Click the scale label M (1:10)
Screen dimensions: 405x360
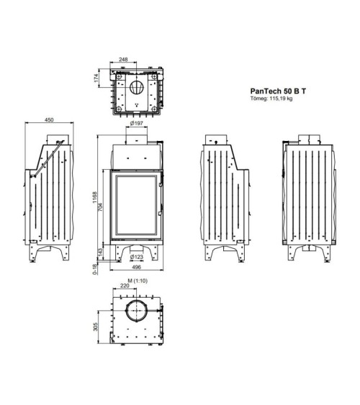(136, 279)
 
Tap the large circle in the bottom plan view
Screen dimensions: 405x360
(135, 313)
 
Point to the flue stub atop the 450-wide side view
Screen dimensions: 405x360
(60, 137)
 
